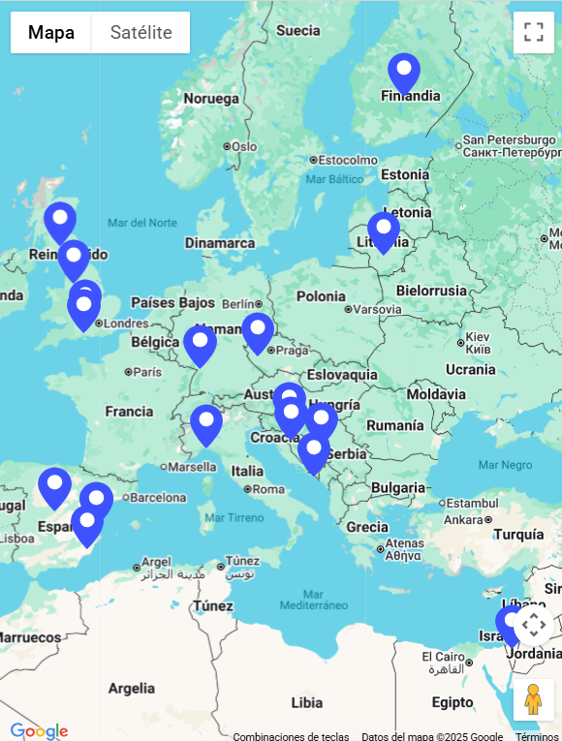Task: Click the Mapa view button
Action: coord(51,32)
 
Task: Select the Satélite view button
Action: coord(140,32)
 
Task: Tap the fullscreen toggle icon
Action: coord(533,32)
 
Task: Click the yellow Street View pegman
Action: coord(532,699)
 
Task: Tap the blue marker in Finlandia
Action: coord(404,72)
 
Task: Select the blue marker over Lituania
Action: coord(384,231)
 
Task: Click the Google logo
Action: coord(39,730)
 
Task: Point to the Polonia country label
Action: coord(320,296)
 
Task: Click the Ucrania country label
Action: coord(470,369)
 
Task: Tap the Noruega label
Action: coord(211,99)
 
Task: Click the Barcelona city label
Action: coord(157,498)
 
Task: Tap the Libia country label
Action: coord(306,701)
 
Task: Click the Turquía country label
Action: coord(518,534)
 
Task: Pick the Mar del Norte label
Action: coord(142,223)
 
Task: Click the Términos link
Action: coord(537,736)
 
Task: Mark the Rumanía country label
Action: coord(394,425)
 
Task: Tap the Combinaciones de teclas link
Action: coord(291,736)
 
